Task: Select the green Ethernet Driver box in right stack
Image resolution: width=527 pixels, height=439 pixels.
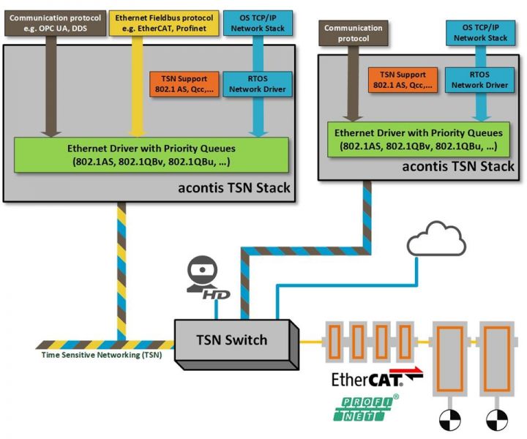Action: (418, 140)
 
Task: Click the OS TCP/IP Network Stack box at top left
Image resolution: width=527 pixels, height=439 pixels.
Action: (256, 23)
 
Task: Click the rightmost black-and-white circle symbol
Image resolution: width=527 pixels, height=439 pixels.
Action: (496, 420)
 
